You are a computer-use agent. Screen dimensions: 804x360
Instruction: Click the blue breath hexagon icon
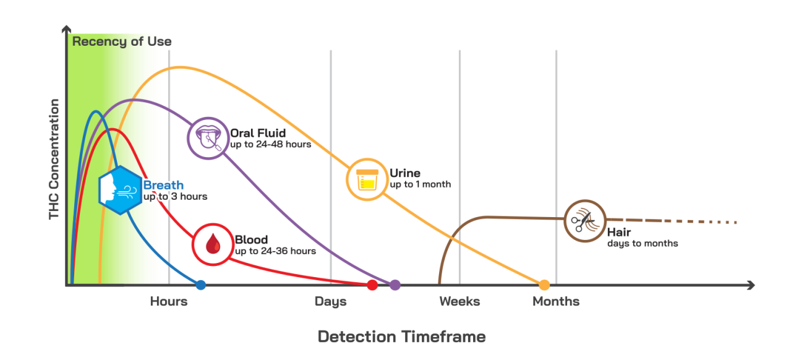120,190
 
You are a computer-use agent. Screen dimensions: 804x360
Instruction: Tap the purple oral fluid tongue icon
208,138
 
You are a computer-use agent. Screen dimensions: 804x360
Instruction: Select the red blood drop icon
213,244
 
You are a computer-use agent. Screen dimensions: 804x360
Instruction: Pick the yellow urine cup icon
367,179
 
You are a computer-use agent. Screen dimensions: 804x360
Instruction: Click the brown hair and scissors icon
585,221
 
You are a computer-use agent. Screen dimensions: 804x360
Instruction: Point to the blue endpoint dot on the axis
200,285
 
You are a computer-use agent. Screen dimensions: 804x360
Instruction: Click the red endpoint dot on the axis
372,285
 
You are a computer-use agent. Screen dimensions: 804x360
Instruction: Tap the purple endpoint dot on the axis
395,285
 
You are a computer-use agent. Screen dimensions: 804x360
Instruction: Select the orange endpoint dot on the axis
544,285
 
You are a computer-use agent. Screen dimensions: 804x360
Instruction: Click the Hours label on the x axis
169,301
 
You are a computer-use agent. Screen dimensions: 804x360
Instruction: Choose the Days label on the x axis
331,301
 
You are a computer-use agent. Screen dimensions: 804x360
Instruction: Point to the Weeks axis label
460,301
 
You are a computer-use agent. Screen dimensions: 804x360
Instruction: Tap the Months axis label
556,301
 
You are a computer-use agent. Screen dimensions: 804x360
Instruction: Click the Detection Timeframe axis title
401,336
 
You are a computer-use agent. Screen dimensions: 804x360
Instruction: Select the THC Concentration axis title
54,159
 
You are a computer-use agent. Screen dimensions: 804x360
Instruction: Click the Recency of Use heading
122,41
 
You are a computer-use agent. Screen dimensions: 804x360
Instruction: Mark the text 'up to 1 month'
421,184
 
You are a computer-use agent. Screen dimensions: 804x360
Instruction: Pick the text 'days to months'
643,243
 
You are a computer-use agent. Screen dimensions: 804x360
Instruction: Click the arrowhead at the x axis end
751,285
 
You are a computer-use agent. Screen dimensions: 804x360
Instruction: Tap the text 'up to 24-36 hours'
275,251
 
